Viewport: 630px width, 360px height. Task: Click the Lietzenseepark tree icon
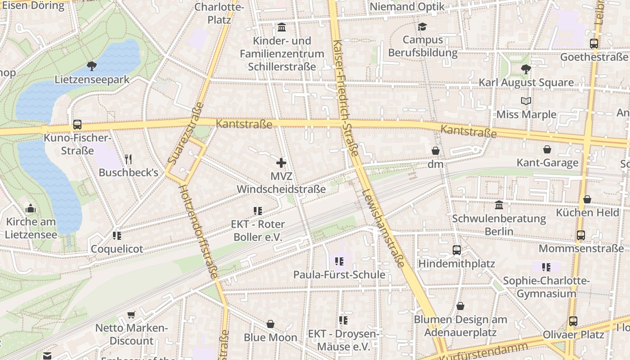tap(92, 67)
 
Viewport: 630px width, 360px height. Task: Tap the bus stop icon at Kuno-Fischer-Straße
tap(77, 125)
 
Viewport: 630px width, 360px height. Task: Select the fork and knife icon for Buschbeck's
tap(128, 159)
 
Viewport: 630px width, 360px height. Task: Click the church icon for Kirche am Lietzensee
tap(31, 208)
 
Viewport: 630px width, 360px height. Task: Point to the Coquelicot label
tap(117, 249)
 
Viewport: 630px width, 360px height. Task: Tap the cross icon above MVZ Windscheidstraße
tap(281, 162)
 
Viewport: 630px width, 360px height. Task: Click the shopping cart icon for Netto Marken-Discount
tap(131, 315)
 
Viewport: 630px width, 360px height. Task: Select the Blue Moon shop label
tap(270, 337)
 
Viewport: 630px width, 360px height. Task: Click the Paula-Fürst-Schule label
tap(339, 274)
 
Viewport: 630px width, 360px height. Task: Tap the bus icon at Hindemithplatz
tap(457, 250)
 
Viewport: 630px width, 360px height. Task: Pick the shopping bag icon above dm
tap(435, 151)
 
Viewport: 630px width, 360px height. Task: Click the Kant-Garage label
tap(547, 163)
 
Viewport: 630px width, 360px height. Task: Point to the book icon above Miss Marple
tap(526, 101)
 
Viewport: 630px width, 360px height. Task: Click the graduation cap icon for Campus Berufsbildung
tap(422, 27)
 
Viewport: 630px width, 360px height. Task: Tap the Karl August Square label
tap(526, 82)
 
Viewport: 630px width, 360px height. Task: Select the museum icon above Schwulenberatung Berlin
tap(499, 205)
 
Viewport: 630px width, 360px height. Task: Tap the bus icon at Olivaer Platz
tap(573, 321)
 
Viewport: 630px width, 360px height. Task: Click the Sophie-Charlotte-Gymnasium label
tap(546, 287)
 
